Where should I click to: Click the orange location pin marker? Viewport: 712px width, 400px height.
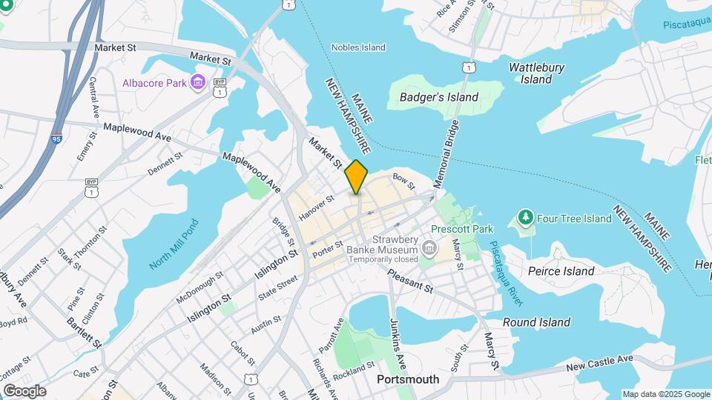[357, 176]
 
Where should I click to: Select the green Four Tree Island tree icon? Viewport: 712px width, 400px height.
[526, 218]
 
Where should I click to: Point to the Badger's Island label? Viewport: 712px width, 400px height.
[438, 97]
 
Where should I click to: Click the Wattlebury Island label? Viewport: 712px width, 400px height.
[536, 73]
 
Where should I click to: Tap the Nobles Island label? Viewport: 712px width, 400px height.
[358, 47]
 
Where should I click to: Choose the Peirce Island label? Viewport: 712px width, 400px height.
[561, 271]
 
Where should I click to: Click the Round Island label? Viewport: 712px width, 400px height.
[536, 322]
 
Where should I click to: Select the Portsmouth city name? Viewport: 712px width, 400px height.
[407, 379]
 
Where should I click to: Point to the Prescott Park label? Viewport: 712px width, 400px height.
[462, 230]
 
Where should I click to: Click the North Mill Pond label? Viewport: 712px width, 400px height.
[174, 244]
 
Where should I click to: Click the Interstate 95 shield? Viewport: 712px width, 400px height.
[57, 139]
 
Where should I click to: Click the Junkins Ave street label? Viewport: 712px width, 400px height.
[398, 344]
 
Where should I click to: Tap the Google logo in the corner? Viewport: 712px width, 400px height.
[24, 390]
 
